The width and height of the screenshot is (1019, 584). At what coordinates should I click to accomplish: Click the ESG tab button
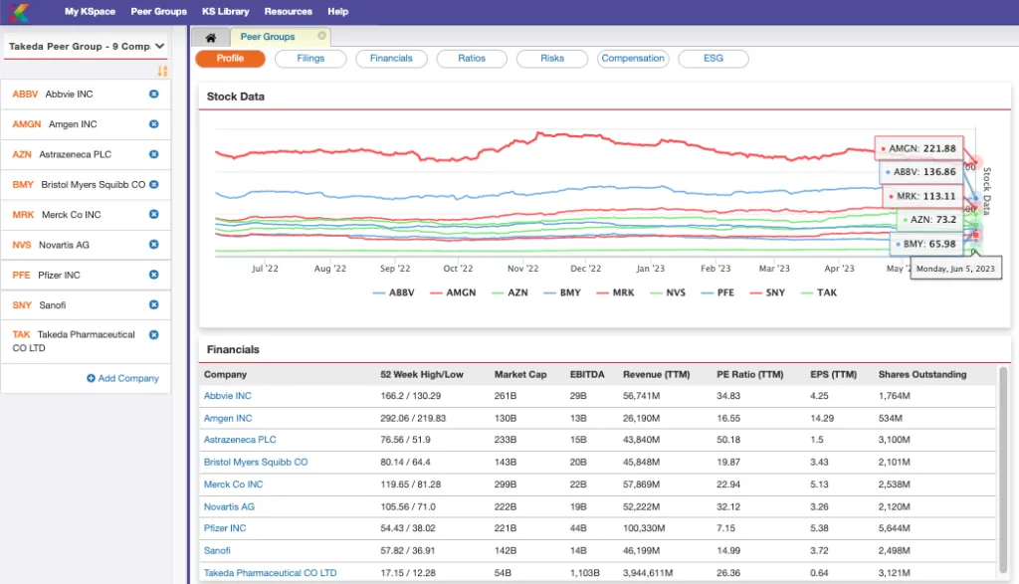click(x=713, y=59)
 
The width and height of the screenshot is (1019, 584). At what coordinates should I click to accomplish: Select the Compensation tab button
click(x=632, y=59)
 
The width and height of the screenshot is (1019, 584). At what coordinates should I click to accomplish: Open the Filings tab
click(x=310, y=59)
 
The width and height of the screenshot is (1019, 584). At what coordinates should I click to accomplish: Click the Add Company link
click(x=122, y=378)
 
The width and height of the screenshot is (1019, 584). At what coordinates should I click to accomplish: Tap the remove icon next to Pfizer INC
click(x=154, y=275)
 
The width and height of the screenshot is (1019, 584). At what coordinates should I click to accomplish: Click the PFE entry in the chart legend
click(x=717, y=292)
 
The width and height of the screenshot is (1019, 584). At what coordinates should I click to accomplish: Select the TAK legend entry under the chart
click(x=819, y=292)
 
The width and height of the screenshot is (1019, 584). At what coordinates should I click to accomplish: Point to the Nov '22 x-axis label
click(x=522, y=269)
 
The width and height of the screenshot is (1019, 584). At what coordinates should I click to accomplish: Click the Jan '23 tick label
click(x=651, y=269)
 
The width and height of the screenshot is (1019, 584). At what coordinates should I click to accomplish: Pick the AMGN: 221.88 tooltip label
click(x=918, y=149)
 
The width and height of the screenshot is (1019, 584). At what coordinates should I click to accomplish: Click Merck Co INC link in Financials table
click(x=233, y=485)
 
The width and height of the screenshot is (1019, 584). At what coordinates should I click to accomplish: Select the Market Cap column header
click(x=520, y=375)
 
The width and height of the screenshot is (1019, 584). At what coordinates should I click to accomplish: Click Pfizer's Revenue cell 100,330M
click(x=644, y=528)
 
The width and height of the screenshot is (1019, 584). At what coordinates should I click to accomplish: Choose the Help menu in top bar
click(x=338, y=12)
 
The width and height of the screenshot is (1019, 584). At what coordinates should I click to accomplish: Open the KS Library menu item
click(x=226, y=12)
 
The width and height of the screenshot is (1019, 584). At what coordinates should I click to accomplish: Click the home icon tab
click(x=211, y=38)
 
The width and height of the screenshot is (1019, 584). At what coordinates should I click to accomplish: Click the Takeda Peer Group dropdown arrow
click(x=160, y=46)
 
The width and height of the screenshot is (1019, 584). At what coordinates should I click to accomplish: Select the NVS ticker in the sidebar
click(x=22, y=245)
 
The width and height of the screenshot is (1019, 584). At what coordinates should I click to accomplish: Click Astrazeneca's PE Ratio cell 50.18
click(x=728, y=440)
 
